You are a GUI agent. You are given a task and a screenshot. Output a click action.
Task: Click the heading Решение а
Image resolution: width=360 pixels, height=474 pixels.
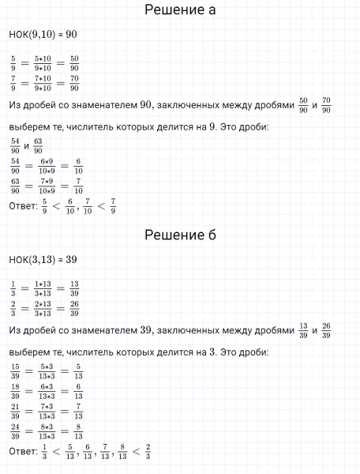click(x=181, y=11)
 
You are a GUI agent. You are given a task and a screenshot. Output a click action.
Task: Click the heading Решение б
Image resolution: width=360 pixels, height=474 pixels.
click(x=181, y=235)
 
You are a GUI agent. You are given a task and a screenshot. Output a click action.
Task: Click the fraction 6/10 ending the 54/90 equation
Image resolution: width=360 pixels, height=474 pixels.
click(x=81, y=166)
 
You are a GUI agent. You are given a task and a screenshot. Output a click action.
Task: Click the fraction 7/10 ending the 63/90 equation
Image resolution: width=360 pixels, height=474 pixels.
click(x=81, y=188)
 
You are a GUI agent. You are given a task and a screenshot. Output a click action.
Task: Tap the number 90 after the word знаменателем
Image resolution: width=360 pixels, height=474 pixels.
click(x=145, y=105)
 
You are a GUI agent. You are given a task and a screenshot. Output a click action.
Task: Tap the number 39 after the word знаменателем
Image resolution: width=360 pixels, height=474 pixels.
click(x=144, y=329)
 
